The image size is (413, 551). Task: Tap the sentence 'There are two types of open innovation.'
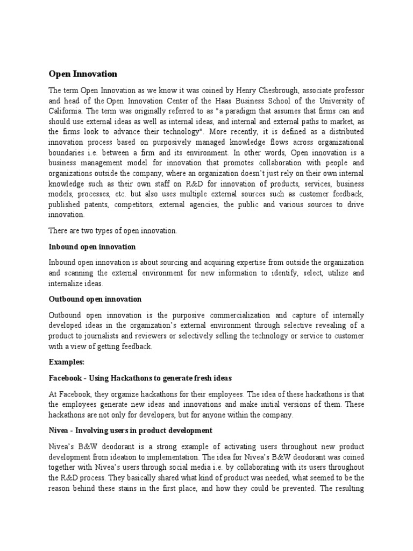113,230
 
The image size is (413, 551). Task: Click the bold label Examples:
67,362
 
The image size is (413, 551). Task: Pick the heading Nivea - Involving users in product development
131,430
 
